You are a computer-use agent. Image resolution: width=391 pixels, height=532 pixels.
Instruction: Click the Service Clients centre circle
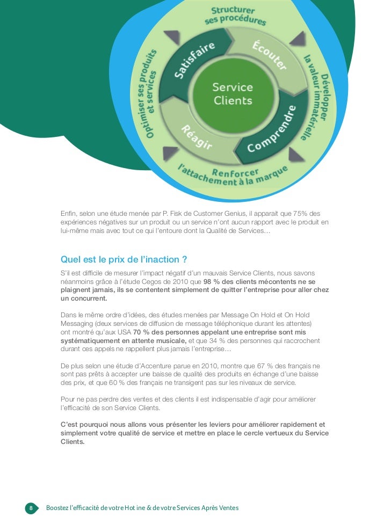pos(233,94)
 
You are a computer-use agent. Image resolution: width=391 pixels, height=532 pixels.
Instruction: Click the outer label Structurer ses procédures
pos(235,16)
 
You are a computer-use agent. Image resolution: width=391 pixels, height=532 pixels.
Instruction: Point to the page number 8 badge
pos(31,508)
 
